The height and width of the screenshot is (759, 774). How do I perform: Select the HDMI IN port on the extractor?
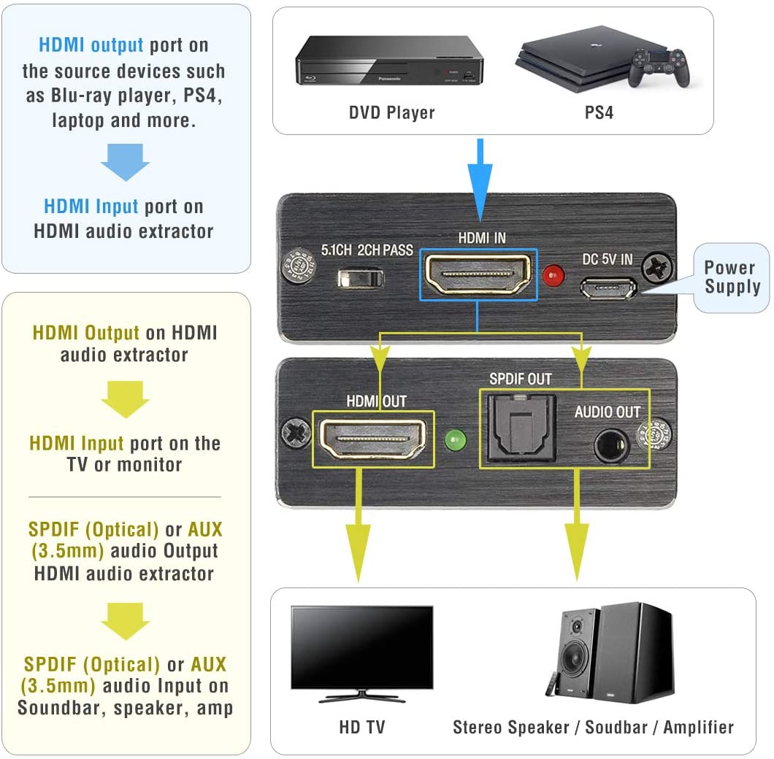point(478,274)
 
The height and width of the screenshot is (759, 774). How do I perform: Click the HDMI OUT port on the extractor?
point(372,439)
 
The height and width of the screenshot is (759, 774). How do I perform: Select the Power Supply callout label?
point(732,277)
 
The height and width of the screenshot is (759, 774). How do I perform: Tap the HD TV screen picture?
point(362,648)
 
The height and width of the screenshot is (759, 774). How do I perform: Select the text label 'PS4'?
point(599,113)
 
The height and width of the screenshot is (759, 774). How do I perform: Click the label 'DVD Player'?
point(391,113)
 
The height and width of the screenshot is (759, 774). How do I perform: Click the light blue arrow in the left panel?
point(125,161)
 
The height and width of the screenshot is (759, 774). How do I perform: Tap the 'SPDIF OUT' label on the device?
point(520,379)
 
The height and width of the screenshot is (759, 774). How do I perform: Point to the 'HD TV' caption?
point(361,727)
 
